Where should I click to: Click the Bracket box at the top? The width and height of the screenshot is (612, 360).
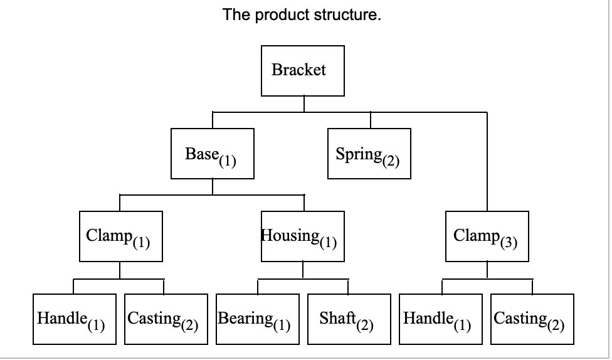tap(302, 70)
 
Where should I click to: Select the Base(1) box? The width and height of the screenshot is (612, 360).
tap(213, 154)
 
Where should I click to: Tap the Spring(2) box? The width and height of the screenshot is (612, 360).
tap(370, 154)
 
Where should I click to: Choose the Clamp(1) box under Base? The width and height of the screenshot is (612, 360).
tap(120, 236)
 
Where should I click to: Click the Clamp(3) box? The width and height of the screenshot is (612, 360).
tap(487, 236)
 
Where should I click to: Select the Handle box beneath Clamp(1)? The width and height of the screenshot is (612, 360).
tap(75, 319)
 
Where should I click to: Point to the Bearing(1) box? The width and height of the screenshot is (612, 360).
tap(257, 319)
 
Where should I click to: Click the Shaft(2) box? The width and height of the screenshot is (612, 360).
tap(348, 319)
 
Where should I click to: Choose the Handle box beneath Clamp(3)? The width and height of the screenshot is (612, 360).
tap(441, 319)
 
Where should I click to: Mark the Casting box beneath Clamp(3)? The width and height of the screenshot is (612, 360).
tap(532, 319)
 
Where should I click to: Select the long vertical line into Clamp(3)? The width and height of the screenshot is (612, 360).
tap(487, 163)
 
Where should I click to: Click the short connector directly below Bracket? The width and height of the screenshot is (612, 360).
tap(304, 104)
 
